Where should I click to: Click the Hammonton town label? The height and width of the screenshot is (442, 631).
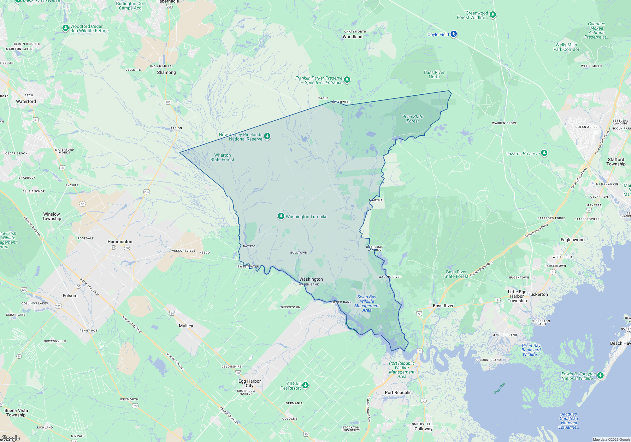(x=120, y=242)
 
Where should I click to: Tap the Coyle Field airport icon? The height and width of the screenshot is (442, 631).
(x=454, y=34)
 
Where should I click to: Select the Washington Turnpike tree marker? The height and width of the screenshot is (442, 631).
(x=281, y=216)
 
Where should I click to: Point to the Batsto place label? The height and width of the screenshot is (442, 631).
(x=249, y=246)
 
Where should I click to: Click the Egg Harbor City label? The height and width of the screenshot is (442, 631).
(x=250, y=383)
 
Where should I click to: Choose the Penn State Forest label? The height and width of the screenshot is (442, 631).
(x=413, y=119)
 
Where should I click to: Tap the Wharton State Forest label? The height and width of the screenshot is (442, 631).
(x=222, y=157)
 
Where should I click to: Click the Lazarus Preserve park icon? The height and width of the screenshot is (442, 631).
(x=544, y=153)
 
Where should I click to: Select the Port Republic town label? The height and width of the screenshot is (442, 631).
(x=398, y=392)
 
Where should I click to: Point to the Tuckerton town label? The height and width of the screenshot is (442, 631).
(x=538, y=294)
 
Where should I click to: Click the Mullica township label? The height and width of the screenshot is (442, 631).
(x=186, y=326)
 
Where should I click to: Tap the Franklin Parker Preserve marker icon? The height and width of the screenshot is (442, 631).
(x=347, y=80)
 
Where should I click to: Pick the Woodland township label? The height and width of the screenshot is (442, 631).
(x=352, y=37)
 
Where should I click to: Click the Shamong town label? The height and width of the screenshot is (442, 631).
(x=166, y=72)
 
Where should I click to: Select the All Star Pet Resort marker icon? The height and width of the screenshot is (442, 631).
(x=305, y=385)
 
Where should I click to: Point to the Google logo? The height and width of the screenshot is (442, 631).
(x=10, y=438)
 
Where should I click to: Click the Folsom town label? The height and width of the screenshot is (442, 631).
(x=70, y=296)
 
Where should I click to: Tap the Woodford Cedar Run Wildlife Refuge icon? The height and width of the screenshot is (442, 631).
(x=65, y=28)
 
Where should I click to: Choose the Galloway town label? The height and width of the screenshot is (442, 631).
(x=423, y=429)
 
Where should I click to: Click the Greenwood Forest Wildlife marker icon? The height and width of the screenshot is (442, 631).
(x=492, y=15)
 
